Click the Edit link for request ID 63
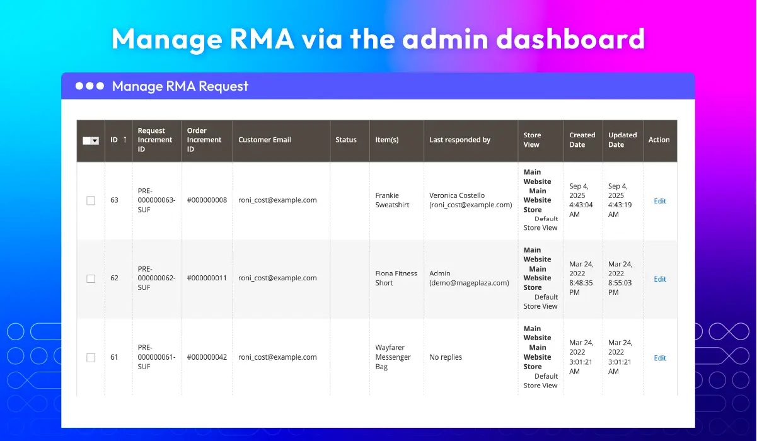point(660,201)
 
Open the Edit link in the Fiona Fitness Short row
point(660,279)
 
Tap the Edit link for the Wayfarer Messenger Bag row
point(660,358)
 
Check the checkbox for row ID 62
point(91,278)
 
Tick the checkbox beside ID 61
point(91,357)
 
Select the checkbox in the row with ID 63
point(91,200)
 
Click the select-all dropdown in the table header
point(91,140)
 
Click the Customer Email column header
point(264,140)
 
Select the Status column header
point(345,140)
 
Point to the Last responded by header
point(459,140)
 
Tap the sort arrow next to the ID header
point(125,139)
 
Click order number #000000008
point(207,200)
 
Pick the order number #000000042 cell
point(207,357)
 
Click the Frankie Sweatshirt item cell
point(392,200)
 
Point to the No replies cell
point(446,357)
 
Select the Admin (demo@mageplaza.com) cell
point(469,278)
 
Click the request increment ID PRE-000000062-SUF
point(156,278)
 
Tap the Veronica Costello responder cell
point(470,200)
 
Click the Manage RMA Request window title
point(180,86)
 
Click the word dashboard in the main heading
point(570,39)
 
